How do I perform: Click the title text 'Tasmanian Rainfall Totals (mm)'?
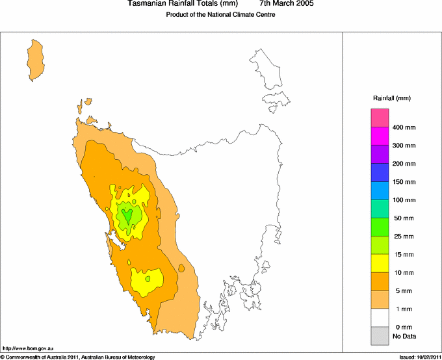[183, 4]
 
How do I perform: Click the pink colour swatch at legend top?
[380, 118]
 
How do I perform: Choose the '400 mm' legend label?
[403, 127]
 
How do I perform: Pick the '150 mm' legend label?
[403, 182]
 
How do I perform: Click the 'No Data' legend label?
[404, 336]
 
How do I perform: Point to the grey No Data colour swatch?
[380, 336]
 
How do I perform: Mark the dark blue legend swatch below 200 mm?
[380, 172]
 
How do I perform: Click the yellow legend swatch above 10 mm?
[380, 263]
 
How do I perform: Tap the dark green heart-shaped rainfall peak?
[128, 215]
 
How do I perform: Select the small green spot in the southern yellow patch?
[148, 279]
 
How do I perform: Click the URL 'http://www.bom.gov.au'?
[24, 349]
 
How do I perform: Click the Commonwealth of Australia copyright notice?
[78, 357]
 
